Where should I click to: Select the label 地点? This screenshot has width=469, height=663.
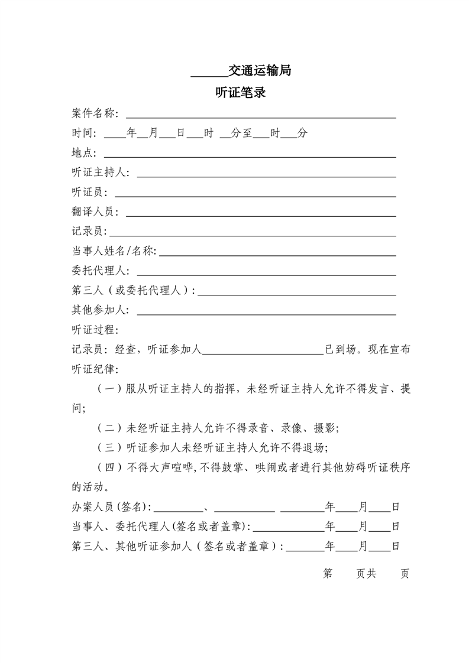click(x=83, y=153)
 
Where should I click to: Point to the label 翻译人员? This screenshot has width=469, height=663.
click(x=93, y=212)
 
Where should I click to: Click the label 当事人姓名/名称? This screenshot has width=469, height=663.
click(x=113, y=252)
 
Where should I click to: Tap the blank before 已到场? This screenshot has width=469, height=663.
click(x=263, y=353)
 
